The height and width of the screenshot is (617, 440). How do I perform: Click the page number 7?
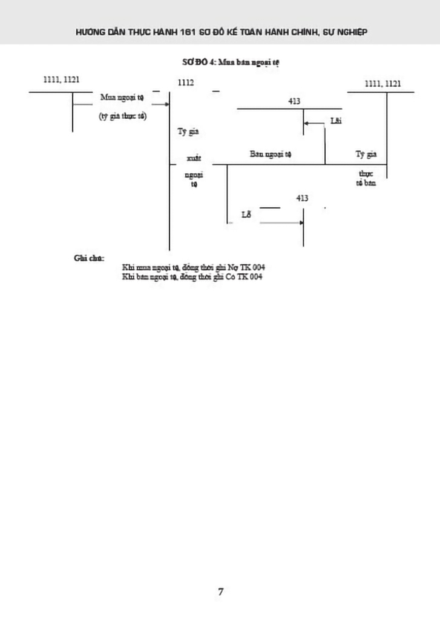(220, 592)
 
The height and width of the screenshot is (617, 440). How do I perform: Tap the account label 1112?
(186, 82)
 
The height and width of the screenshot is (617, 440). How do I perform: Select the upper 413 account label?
(294, 101)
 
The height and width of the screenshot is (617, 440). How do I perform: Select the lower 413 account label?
(303, 198)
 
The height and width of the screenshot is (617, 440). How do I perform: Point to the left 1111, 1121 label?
(61, 79)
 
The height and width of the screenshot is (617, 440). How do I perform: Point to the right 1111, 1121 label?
(383, 83)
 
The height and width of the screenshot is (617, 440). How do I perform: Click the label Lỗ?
(246, 215)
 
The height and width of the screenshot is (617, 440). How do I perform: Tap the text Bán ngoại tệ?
(271, 154)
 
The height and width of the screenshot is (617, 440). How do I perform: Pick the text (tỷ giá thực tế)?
(123, 116)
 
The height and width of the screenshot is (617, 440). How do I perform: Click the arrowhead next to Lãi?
(306, 123)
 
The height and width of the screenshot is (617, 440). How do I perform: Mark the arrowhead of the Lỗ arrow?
(301, 224)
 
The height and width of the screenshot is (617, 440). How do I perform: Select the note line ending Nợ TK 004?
(193, 267)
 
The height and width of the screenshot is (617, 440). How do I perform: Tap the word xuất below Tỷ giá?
(194, 158)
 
